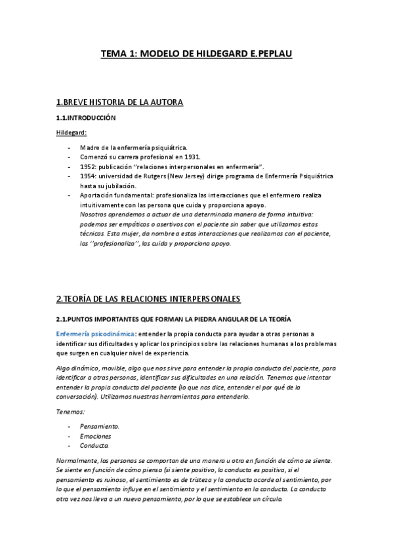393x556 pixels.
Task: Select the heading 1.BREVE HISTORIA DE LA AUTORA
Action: tap(119, 102)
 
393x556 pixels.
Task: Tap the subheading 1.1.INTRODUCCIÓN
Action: tap(86, 118)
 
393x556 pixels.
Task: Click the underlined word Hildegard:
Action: tap(72, 133)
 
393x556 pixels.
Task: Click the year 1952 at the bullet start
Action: tap(87, 167)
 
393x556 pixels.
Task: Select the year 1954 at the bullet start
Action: tap(87, 176)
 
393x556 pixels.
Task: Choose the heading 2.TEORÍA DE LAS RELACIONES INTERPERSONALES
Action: tap(148, 299)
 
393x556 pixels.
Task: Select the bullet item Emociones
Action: tap(95, 435)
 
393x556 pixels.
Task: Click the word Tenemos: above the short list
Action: tap(70, 411)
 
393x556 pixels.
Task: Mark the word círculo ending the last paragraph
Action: tap(270, 498)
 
